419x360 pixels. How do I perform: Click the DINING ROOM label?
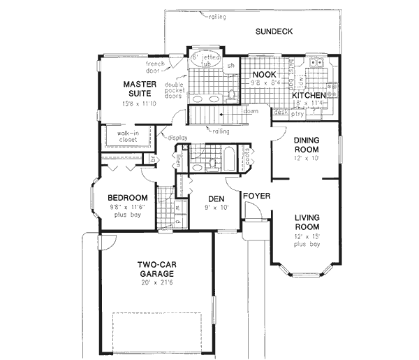[307, 145]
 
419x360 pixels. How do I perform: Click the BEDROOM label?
[126, 198]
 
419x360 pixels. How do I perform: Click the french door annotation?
[155, 67]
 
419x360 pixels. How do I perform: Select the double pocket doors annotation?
[175, 90]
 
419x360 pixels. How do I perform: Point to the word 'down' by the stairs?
[250, 111]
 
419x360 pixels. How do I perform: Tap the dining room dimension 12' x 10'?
[307, 159]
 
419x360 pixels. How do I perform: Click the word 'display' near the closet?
[177, 138]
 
